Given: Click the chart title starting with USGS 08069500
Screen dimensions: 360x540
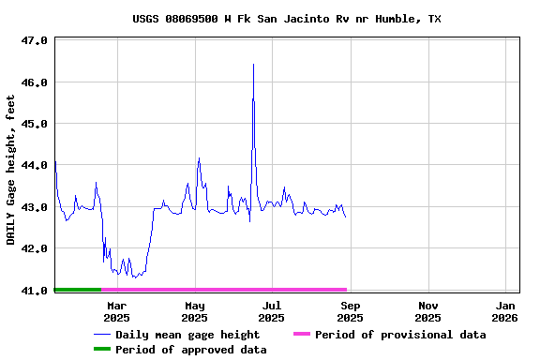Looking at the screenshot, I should (286, 19).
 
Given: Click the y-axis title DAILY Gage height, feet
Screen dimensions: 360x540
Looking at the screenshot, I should (11, 170).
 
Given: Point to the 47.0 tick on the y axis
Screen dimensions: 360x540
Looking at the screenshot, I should (34, 41).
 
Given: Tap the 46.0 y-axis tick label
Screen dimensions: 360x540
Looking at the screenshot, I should (34, 82).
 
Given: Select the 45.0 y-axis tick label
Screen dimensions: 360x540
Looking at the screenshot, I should (34, 124).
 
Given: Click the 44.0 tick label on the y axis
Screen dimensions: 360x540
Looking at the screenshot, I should (34, 166).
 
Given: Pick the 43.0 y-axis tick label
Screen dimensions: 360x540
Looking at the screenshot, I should (34, 207).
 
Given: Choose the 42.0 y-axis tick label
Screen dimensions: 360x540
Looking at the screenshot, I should (34, 248).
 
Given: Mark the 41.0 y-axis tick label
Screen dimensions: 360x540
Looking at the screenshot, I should (34, 291).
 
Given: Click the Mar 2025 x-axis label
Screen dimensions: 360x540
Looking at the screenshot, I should (117, 311).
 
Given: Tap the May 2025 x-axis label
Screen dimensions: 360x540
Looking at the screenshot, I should (195, 311).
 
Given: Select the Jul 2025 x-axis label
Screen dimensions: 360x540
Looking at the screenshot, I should (272, 311).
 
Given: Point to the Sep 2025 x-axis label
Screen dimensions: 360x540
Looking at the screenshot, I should (350, 311).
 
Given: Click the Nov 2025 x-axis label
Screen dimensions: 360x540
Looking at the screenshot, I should (428, 311).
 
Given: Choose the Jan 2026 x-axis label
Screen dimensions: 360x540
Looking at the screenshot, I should (506, 311).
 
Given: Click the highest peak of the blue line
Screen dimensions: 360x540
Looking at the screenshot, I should (253, 65).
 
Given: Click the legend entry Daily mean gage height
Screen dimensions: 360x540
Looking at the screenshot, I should (187, 335).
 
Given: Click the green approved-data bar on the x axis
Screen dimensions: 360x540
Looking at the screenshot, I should (78, 290).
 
